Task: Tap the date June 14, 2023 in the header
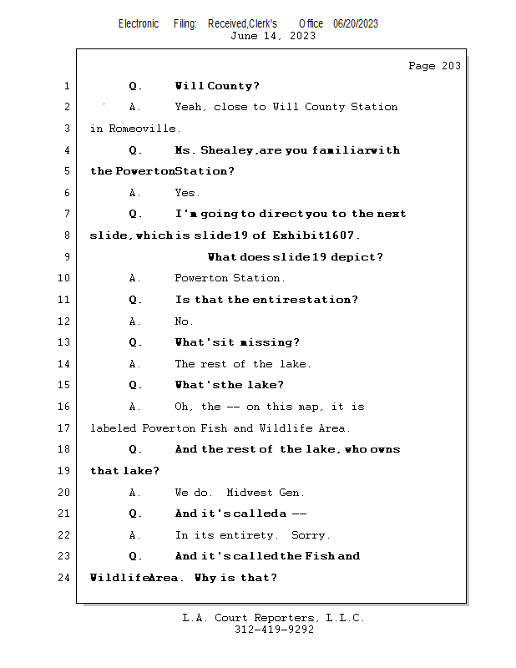click(273, 36)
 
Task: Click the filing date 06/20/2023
click(356, 23)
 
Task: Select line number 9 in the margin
click(66, 257)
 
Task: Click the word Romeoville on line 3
click(143, 129)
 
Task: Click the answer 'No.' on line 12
click(184, 321)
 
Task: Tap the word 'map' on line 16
click(311, 407)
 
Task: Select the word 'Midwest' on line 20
click(252, 493)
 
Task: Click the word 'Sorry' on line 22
click(311, 535)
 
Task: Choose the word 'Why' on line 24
click(205, 578)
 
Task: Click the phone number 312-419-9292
click(274, 630)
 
